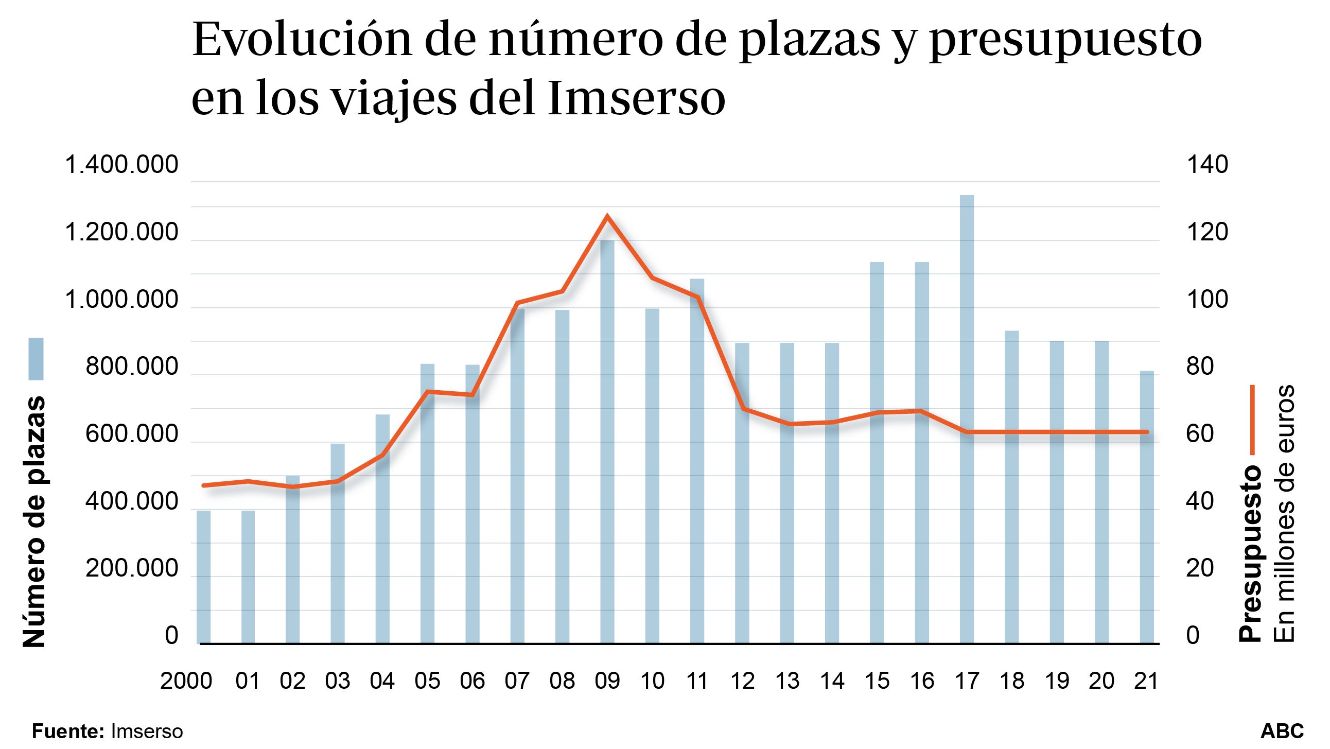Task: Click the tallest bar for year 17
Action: click(967, 419)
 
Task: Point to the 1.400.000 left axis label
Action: click(121, 165)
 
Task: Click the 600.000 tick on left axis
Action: click(131, 434)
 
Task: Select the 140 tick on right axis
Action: click(1207, 165)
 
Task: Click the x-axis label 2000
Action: click(186, 682)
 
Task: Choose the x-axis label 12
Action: click(742, 682)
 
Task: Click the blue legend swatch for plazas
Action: click(36, 359)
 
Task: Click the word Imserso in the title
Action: click(636, 99)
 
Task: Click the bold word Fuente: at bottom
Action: click(68, 731)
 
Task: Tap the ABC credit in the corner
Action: click(1282, 731)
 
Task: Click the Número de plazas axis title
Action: click(34, 521)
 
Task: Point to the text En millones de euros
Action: click(1284, 513)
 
